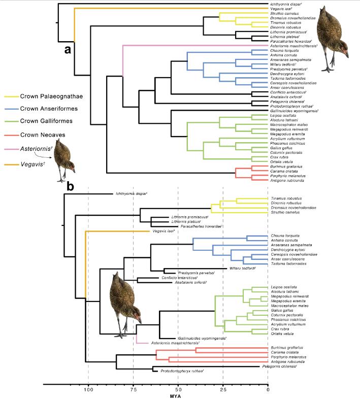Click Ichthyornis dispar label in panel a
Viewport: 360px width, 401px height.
point(287,4)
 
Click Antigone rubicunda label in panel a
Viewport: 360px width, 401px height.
point(289,180)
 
